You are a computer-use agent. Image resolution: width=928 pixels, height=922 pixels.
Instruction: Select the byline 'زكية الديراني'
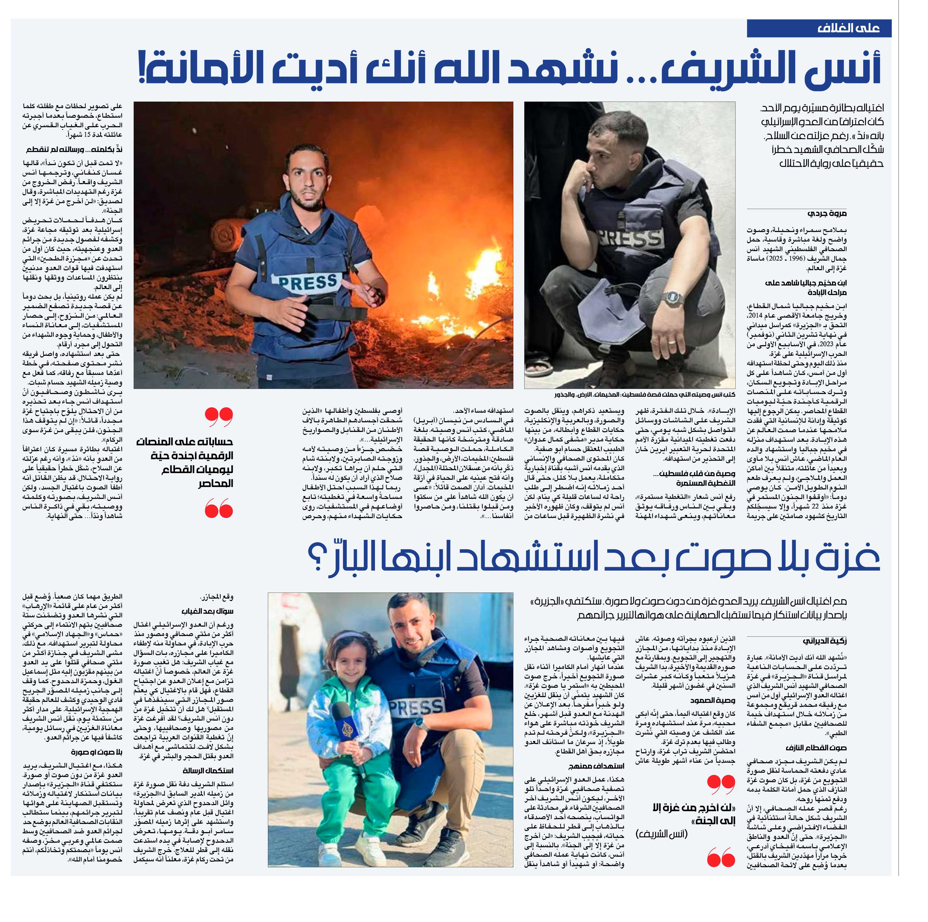[825, 641]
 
